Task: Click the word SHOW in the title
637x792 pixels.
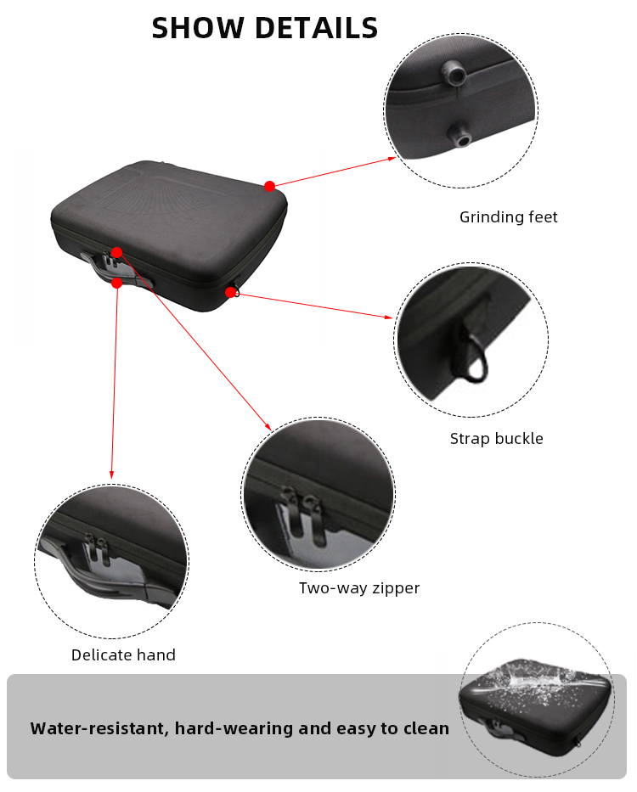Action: point(198,28)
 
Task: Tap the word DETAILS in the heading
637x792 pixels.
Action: point(317,28)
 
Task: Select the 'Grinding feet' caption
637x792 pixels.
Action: point(508,217)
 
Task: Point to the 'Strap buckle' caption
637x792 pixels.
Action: point(497,438)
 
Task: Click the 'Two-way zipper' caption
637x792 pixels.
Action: point(359,588)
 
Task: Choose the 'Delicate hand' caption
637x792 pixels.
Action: point(123,654)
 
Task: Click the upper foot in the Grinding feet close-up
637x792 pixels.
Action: point(454,74)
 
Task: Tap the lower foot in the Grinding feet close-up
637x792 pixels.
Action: point(460,134)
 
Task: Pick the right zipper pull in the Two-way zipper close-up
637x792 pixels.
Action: point(313,520)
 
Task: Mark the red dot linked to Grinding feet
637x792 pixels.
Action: point(269,187)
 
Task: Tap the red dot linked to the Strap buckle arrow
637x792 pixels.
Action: point(230,292)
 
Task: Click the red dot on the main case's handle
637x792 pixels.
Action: point(117,283)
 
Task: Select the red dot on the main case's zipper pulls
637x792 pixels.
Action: point(117,252)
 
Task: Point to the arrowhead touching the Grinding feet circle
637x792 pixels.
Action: point(392,159)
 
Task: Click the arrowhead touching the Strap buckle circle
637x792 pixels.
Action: point(388,317)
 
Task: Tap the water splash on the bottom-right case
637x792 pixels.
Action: point(536,682)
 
